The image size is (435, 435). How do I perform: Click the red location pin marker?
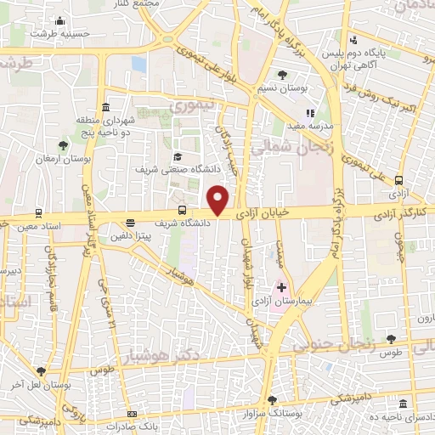click(219, 199)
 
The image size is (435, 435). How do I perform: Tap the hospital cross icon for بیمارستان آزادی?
click(281, 288)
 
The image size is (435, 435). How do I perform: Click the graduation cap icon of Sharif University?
click(178, 156)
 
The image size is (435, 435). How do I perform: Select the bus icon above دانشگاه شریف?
click(182, 211)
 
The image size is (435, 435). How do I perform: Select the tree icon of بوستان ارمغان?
click(63, 145)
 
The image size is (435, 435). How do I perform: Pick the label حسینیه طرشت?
click(59, 33)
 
